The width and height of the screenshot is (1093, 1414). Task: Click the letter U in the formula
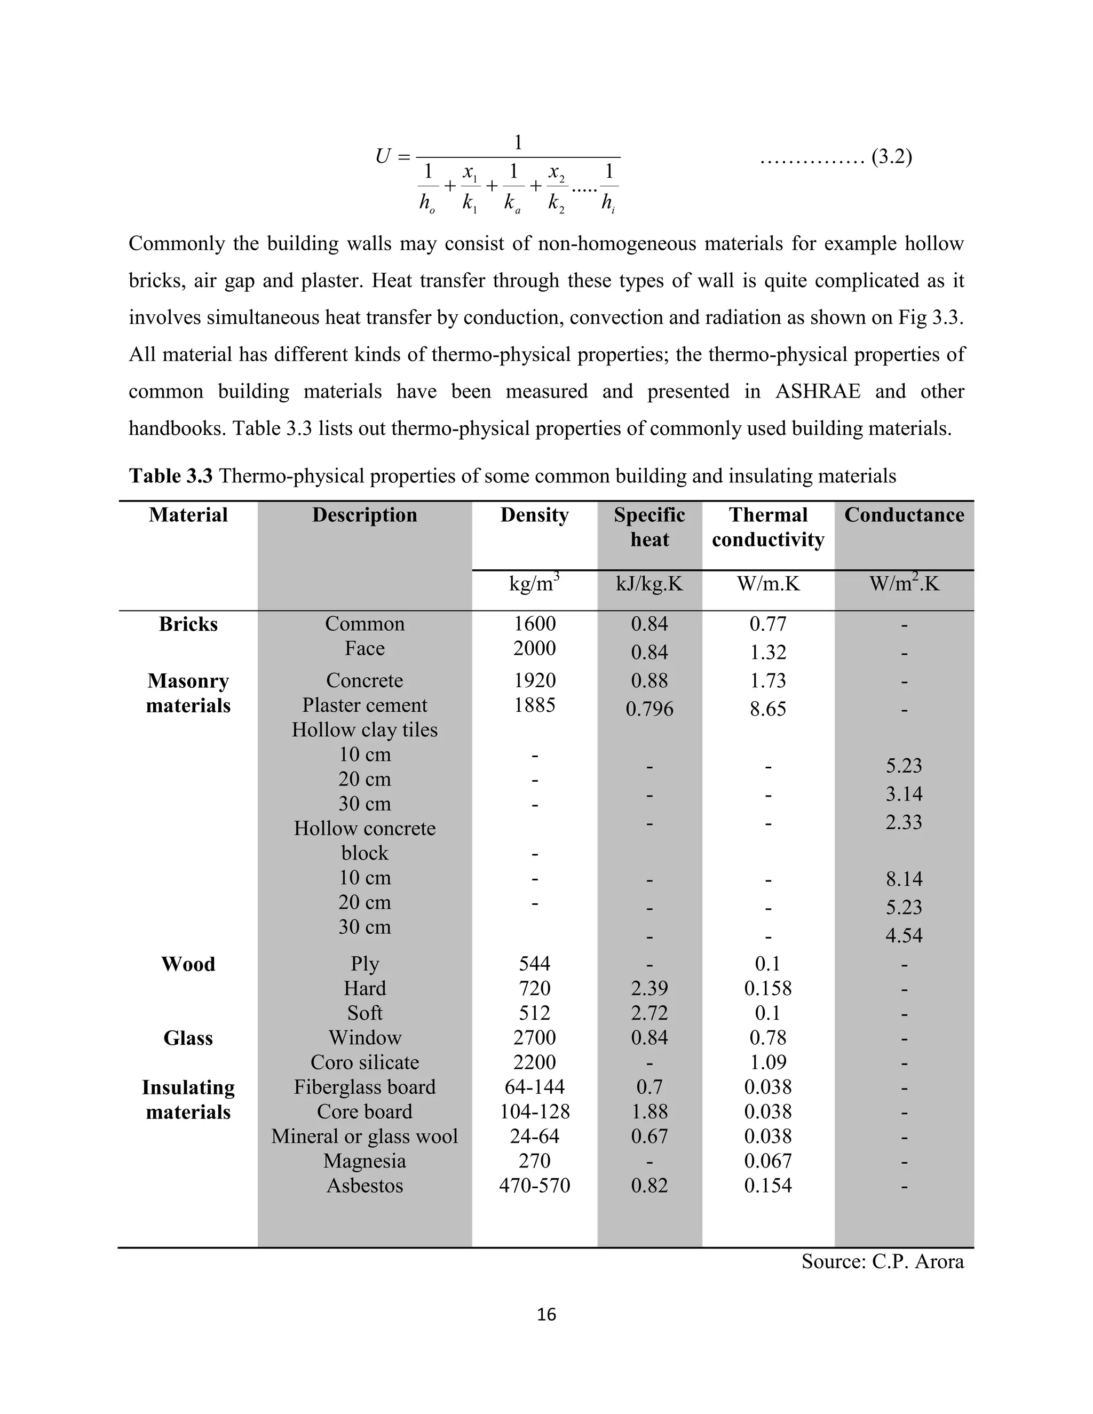coord(383,157)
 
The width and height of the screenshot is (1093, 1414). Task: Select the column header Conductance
coord(904,515)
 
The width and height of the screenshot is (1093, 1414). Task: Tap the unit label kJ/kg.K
coord(649,584)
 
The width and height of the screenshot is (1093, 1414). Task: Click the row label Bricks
coord(188,624)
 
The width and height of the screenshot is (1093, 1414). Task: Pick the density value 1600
coord(534,623)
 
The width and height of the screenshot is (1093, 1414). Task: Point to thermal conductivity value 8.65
coord(768,709)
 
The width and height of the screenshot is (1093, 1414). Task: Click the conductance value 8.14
coord(904,879)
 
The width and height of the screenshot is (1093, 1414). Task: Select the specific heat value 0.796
coord(649,709)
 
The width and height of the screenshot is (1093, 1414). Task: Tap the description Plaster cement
coord(365,705)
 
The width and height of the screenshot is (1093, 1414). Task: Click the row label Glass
coord(188,1038)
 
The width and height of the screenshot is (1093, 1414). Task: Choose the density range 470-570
coord(534,1186)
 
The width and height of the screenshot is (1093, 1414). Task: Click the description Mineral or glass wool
coord(365,1136)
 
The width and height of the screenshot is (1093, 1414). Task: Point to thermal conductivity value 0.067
coord(768,1161)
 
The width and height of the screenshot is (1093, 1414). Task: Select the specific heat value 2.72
coord(649,1013)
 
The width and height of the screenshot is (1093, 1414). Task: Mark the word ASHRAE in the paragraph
coord(817,392)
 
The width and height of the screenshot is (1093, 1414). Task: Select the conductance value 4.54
coord(904,935)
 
